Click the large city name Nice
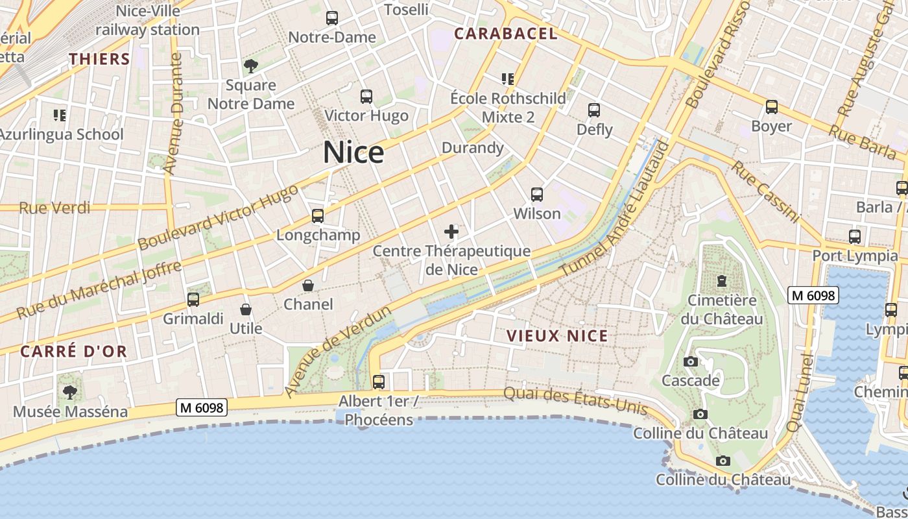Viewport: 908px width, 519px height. tap(353, 152)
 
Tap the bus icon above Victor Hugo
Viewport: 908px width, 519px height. tap(366, 97)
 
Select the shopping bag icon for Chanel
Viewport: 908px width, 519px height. tap(308, 285)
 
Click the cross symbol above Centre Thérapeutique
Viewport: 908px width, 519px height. tap(451, 231)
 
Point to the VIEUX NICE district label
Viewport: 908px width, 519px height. tap(558, 336)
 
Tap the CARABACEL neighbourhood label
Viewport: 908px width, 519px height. tap(506, 34)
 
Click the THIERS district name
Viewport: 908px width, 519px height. tap(100, 59)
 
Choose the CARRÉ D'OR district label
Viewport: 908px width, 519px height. tap(74, 352)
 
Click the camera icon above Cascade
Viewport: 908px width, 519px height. tap(691, 361)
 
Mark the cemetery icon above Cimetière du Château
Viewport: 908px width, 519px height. tap(721, 281)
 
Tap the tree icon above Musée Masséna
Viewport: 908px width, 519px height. tap(70, 392)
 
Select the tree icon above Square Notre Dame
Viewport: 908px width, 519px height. tap(250, 66)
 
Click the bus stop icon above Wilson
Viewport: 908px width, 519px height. tap(537, 194)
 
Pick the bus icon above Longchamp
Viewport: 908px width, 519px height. tap(317, 215)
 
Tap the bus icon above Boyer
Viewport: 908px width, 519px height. tap(772, 106)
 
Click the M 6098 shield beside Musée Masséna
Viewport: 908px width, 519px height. tap(202, 407)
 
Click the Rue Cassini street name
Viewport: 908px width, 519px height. tap(765, 192)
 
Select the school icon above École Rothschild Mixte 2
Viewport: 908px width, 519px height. tap(508, 79)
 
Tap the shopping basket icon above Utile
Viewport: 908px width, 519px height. tap(246, 309)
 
